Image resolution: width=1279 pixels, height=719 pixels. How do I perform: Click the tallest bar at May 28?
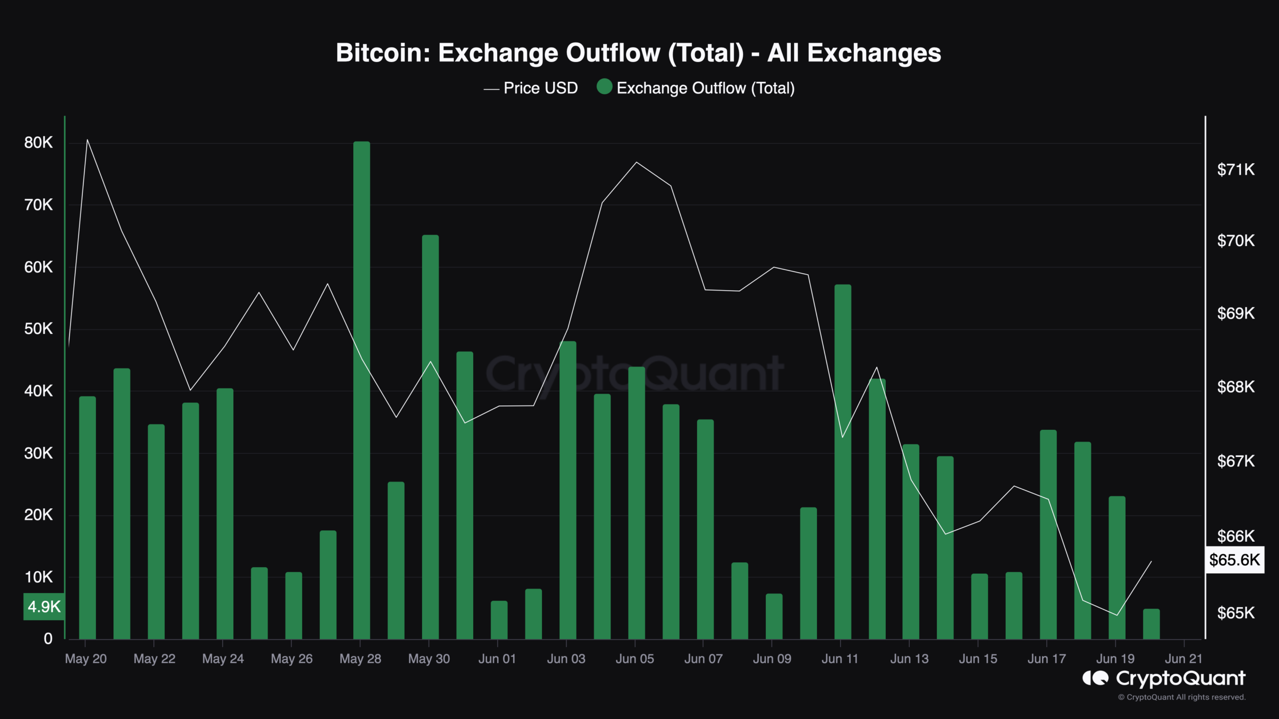point(361,389)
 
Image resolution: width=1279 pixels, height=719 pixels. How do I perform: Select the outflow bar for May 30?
point(430,437)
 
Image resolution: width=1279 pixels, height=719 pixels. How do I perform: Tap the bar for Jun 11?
point(842,462)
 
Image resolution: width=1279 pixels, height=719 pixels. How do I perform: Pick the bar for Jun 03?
point(568,489)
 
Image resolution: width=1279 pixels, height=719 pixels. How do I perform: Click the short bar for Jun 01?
point(499,620)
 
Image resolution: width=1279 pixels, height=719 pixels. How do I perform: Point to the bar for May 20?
point(87,517)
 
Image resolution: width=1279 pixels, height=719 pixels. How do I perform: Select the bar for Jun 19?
point(1117,567)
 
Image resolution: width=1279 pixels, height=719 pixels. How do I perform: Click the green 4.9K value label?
point(44,607)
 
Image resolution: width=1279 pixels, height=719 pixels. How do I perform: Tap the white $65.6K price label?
point(1235,560)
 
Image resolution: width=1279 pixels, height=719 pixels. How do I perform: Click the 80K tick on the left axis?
point(38,143)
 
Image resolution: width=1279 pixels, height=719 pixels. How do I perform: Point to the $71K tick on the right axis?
point(1236,170)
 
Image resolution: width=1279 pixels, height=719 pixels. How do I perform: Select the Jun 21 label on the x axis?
point(1183,659)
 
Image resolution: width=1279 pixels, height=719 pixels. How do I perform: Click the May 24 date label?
point(223,659)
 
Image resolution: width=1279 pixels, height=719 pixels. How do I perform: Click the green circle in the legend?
point(605,87)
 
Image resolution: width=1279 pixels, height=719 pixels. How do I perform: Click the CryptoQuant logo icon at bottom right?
point(1095,678)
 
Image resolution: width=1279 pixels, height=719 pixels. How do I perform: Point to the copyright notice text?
point(1182,697)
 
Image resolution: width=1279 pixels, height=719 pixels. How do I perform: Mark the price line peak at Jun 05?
point(636,162)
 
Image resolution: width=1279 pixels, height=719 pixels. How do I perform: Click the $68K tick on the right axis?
point(1236,387)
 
